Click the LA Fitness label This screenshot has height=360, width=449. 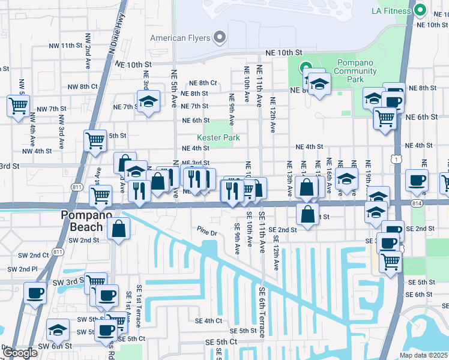tap(393, 11)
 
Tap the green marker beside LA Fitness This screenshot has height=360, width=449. tap(420, 11)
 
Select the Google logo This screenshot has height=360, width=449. tap(20, 352)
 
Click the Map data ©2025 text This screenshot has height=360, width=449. tap(424, 355)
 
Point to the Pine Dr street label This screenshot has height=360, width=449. tap(206, 229)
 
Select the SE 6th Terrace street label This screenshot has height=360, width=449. tap(262, 311)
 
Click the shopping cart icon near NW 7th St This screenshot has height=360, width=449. tap(18, 106)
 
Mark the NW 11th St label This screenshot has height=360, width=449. tap(66, 46)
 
